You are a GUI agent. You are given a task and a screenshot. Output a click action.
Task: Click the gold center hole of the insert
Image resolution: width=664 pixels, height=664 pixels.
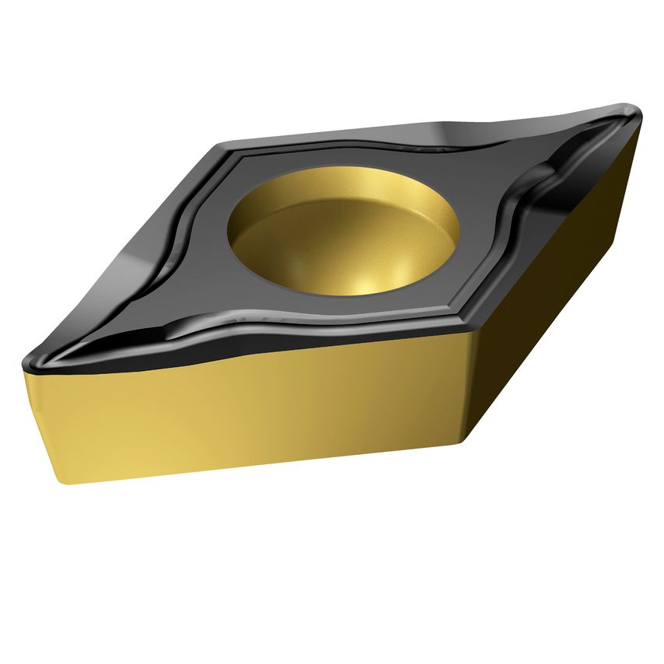tap(342, 233)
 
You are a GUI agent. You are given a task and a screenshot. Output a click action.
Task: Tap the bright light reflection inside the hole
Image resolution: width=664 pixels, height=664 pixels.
tap(359, 286)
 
